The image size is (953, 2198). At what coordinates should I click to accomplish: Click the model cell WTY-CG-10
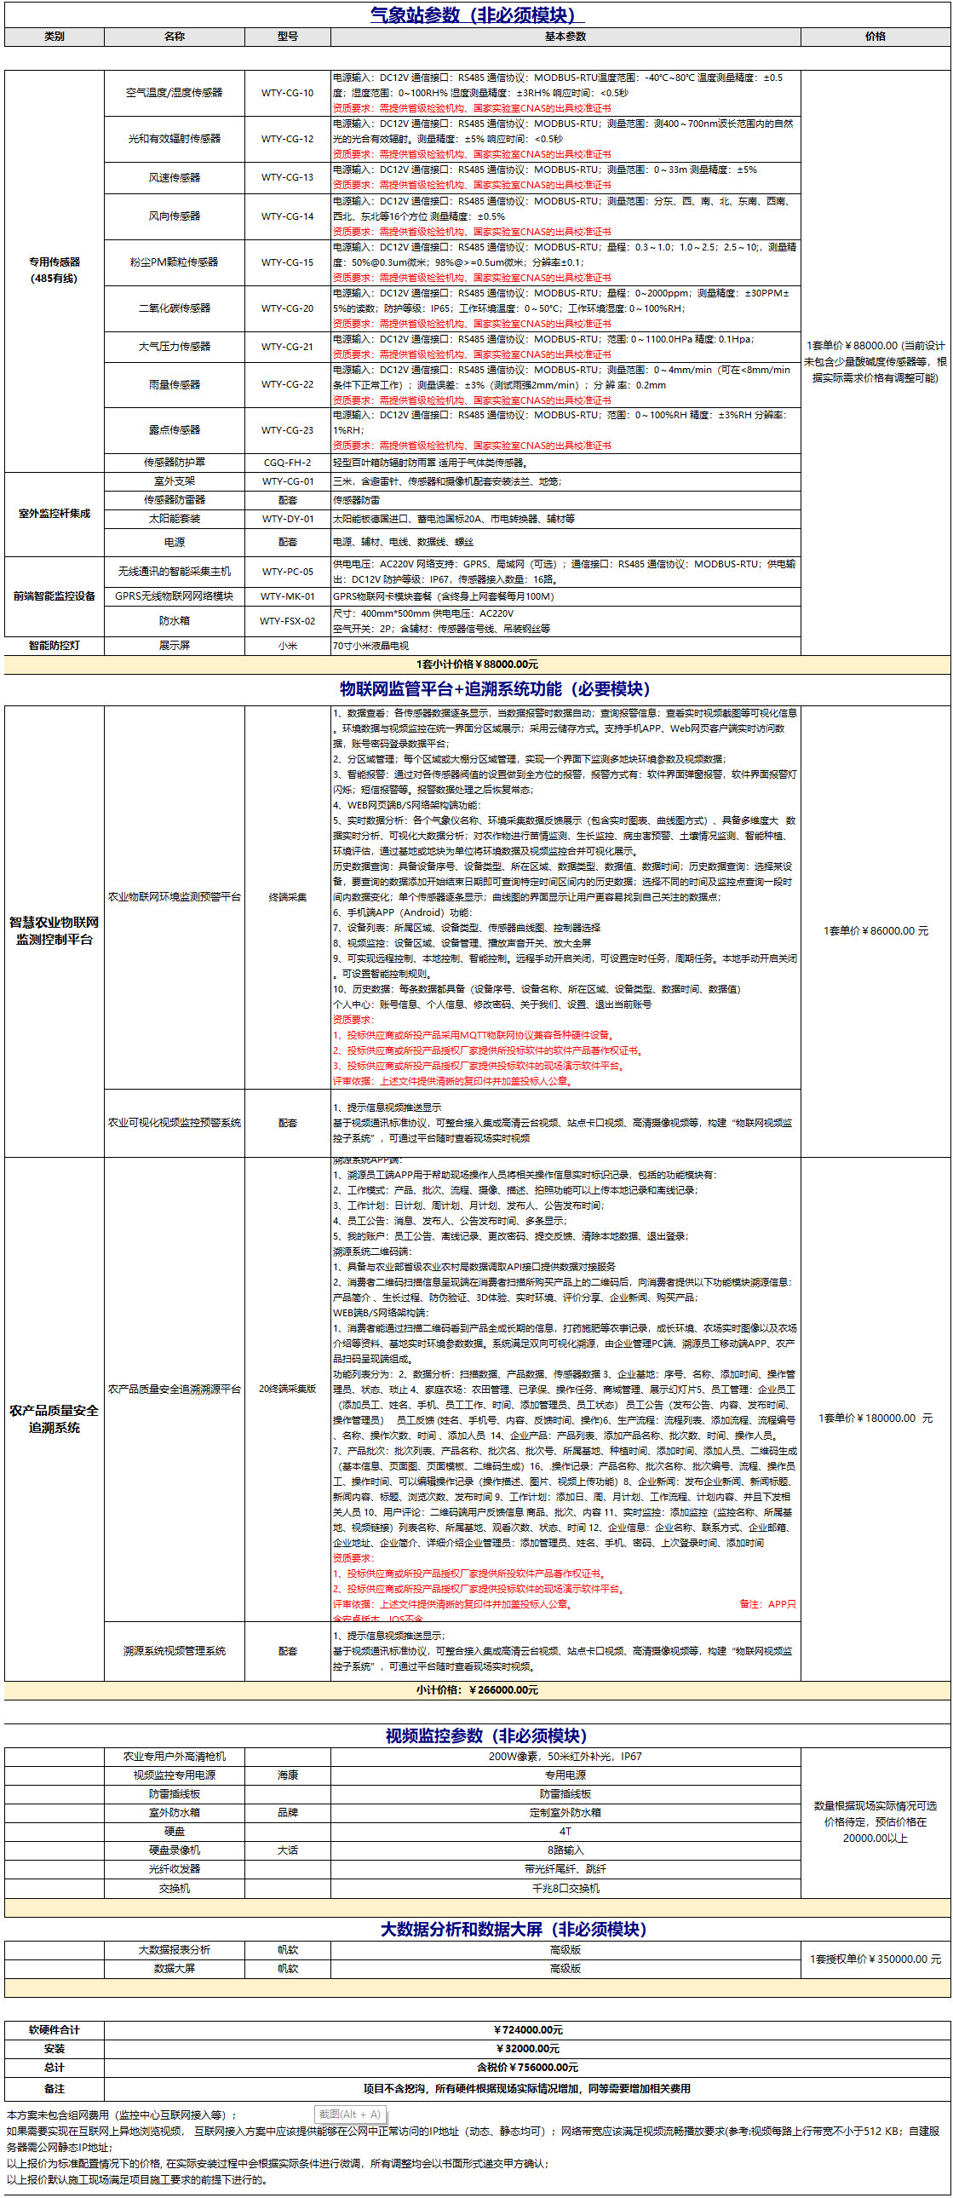click(x=287, y=93)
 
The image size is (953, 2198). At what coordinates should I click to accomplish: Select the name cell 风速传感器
click(x=174, y=177)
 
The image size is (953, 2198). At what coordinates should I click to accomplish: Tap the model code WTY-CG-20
click(x=287, y=308)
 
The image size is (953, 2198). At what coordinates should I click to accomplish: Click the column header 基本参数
click(x=565, y=37)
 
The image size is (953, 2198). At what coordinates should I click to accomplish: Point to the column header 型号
click(x=287, y=37)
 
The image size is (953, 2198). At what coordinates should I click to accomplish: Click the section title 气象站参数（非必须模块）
click(x=477, y=14)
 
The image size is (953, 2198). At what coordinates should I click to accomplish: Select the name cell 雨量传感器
click(x=174, y=385)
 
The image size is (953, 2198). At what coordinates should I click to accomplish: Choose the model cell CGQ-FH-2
click(x=287, y=463)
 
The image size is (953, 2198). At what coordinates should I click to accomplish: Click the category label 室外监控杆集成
click(x=54, y=514)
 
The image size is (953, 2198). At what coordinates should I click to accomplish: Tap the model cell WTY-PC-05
click(x=287, y=572)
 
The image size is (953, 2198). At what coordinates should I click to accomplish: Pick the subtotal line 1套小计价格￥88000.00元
click(x=477, y=665)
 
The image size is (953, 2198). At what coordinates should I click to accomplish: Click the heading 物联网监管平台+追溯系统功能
click(x=495, y=688)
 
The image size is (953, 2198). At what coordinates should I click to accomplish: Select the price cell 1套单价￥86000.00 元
click(x=875, y=931)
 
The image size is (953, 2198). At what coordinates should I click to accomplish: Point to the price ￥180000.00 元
click(x=875, y=1418)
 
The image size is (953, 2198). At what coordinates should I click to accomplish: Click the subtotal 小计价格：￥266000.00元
click(x=477, y=1689)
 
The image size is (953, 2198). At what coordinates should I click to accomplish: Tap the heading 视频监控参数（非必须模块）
click(x=485, y=1735)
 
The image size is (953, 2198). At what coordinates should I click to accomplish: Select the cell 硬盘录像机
click(x=174, y=1850)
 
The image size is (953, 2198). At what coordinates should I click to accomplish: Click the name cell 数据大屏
click(x=174, y=1969)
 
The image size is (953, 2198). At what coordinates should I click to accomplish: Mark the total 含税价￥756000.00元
click(x=527, y=2068)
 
